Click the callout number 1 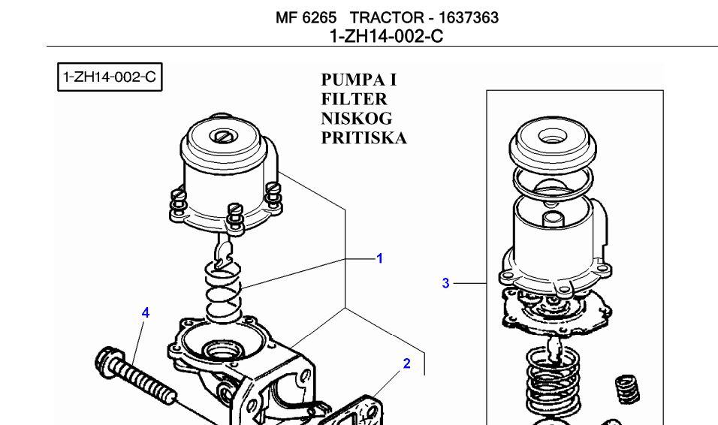pos(379,258)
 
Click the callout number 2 pos(406,363)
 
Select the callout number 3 pos(445,283)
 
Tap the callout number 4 pos(146,312)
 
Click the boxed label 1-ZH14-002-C pos(110,77)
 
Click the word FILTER pos(354,99)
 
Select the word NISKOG pos(357,119)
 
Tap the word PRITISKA pos(364,138)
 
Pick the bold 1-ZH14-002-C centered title pos(387,35)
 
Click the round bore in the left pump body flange pos(223,350)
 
